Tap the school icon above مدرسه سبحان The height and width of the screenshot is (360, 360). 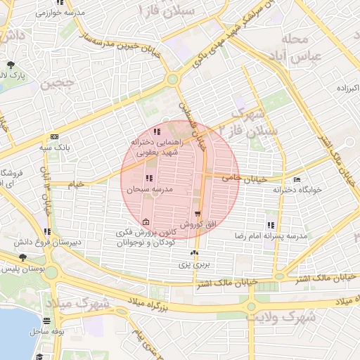point(148,179)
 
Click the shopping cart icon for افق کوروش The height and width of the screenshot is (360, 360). point(198,214)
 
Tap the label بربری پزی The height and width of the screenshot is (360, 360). point(193,265)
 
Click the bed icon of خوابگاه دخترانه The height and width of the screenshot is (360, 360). point(296,179)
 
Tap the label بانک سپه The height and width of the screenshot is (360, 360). point(53,148)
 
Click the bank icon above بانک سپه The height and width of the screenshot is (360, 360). point(53,137)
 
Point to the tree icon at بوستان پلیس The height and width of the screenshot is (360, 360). point(23,257)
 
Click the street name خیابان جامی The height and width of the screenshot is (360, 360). point(244,179)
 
